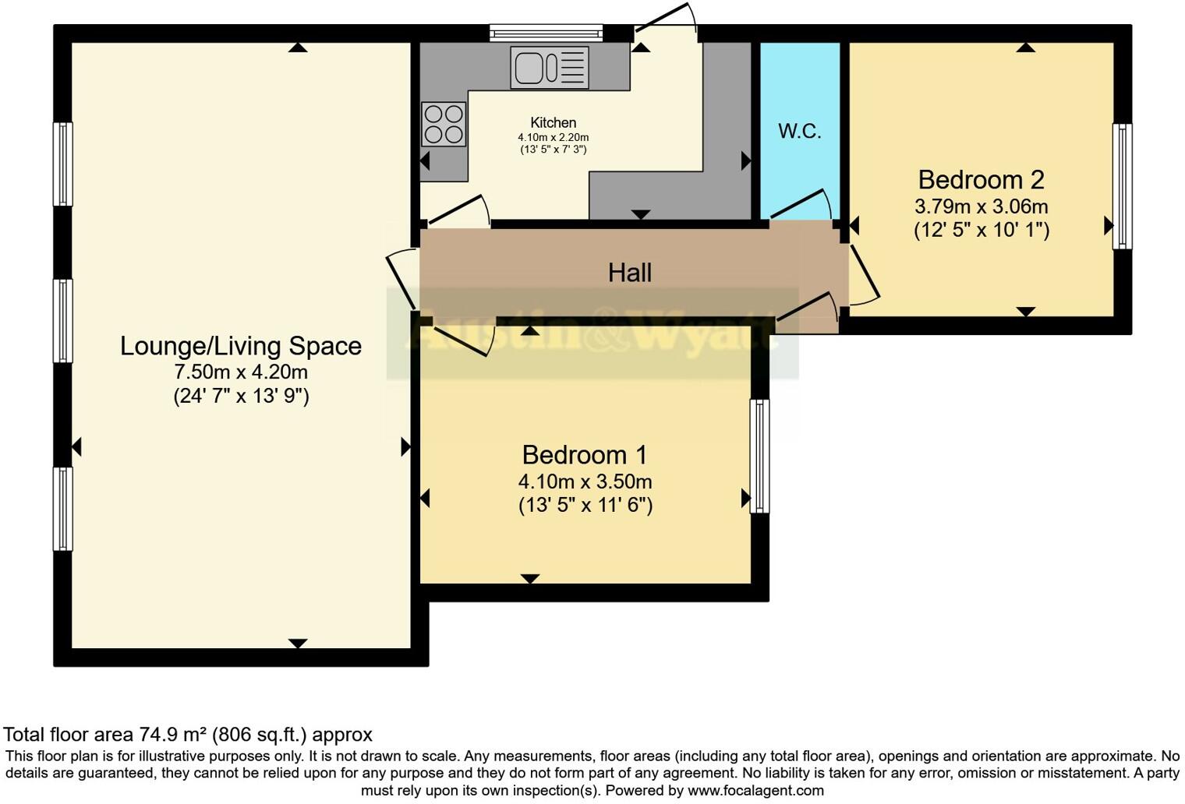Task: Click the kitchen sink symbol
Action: (550, 67)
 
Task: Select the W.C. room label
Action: (799, 131)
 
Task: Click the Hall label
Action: (629, 273)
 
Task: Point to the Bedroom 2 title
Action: (981, 180)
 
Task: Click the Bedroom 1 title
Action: (585, 454)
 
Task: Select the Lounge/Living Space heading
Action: (240, 346)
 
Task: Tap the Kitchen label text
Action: (553, 122)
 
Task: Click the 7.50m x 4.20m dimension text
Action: (240, 372)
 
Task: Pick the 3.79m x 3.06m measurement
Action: (981, 207)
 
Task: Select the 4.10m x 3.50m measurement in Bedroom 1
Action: (585, 481)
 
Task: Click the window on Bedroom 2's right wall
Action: (1122, 186)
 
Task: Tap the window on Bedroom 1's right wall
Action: (759, 456)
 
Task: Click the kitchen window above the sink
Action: (546, 33)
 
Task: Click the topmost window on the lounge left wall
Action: (63, 164)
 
